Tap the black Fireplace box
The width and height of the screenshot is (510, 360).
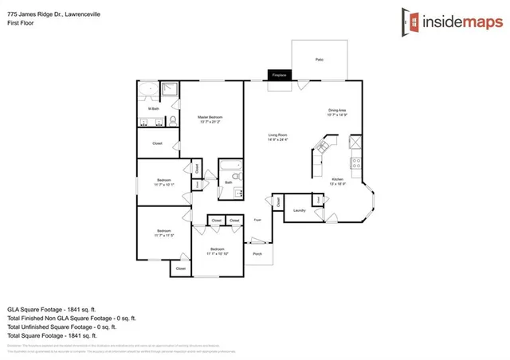click(279, 75)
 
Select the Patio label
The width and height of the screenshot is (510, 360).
click(319, 60)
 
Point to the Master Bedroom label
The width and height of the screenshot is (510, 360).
click(210, 119)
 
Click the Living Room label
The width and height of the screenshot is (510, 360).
click(277, 137)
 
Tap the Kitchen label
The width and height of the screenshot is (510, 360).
click(337, 181)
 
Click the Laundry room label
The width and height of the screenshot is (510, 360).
click(300, 210)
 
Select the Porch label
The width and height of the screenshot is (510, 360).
click(257, 254)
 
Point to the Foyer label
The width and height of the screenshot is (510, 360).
click(257, 217)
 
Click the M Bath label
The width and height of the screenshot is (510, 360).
click(153, 108)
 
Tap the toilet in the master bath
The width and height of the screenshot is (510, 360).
click(172, 122)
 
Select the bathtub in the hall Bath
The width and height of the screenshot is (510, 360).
click(229, 169)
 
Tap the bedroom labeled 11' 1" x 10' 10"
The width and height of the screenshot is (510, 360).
click(218, 254)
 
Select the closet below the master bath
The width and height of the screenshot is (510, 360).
click(157, 144)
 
